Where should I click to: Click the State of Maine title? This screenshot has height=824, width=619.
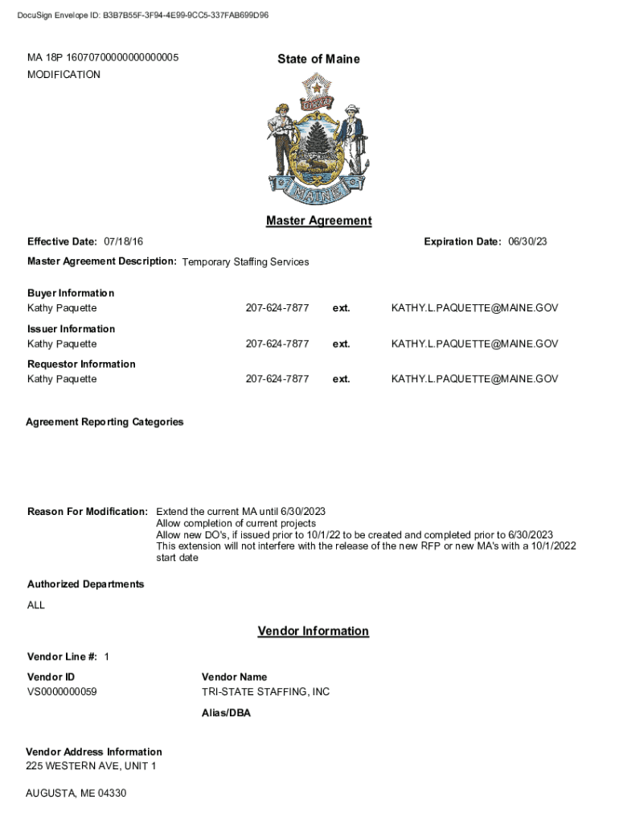(x=318, y=59)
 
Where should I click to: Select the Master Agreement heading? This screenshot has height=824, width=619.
(x=318, y=220)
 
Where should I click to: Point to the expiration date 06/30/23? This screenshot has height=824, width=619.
(x=528, y=241)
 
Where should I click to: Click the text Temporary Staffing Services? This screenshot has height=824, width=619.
(x=245, y=262)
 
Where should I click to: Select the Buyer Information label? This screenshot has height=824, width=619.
(x=71, y=293)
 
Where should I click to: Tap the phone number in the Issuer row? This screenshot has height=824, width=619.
(x=277, y=344)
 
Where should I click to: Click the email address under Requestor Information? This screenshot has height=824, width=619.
(x=474, y=379)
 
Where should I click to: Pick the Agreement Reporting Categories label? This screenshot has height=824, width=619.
(x=105, y=422)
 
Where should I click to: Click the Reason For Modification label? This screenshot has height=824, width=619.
(x=88, y=512)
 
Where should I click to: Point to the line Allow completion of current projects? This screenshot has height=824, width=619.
(x=236, y=524)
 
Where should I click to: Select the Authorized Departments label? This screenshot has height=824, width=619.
(x=86, y=584)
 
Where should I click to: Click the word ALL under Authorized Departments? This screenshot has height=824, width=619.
(x=36, y=605)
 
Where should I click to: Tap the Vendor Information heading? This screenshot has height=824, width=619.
(x=313, y=631)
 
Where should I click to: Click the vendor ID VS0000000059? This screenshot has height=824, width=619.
(x=62, y=692)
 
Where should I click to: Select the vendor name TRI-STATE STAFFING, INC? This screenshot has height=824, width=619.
(x=265, y=692)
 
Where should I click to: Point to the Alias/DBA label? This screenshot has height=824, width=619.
(x=226, y=713)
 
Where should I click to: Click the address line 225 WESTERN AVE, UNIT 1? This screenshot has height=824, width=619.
(x=91, y=766)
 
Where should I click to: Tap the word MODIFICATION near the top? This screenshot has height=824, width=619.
(x=64, y=75)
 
